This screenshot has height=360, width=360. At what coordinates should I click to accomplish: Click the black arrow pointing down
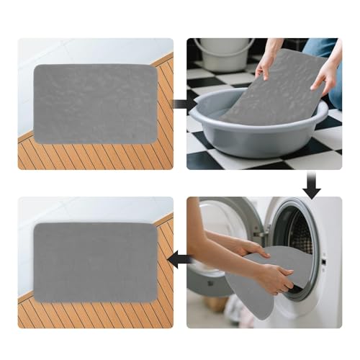pyautogui.click(x=311, y=186)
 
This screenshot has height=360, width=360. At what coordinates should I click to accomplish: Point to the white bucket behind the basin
pyautogui.click(x=224, y=54)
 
